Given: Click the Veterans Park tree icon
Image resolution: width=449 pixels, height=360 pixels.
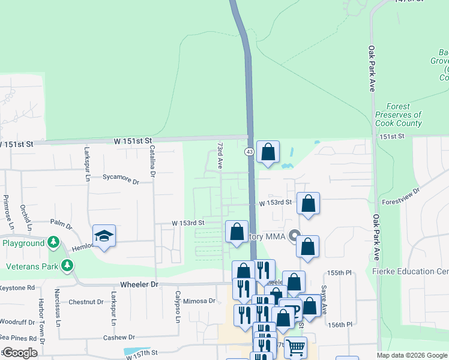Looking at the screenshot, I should [68, 265].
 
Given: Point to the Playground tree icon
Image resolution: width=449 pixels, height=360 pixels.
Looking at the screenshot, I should [53, 242].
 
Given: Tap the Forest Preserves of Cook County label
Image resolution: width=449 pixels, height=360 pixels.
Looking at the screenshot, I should [398, 115].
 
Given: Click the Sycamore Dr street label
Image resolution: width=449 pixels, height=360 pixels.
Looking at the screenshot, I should [120, 178].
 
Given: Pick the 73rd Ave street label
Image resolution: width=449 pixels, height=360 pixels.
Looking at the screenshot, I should [220, 154].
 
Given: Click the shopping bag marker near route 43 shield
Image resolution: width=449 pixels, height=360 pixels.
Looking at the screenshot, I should [268, 152].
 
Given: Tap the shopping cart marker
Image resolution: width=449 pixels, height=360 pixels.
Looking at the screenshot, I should [295, 347].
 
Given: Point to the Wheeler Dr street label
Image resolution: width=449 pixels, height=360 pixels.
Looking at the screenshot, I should [139, 284].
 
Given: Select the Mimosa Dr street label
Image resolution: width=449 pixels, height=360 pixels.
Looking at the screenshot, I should [199, 301].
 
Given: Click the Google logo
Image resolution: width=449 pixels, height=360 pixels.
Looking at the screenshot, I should [20, 353].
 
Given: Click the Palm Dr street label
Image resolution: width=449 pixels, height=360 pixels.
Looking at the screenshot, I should [61, 223].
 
